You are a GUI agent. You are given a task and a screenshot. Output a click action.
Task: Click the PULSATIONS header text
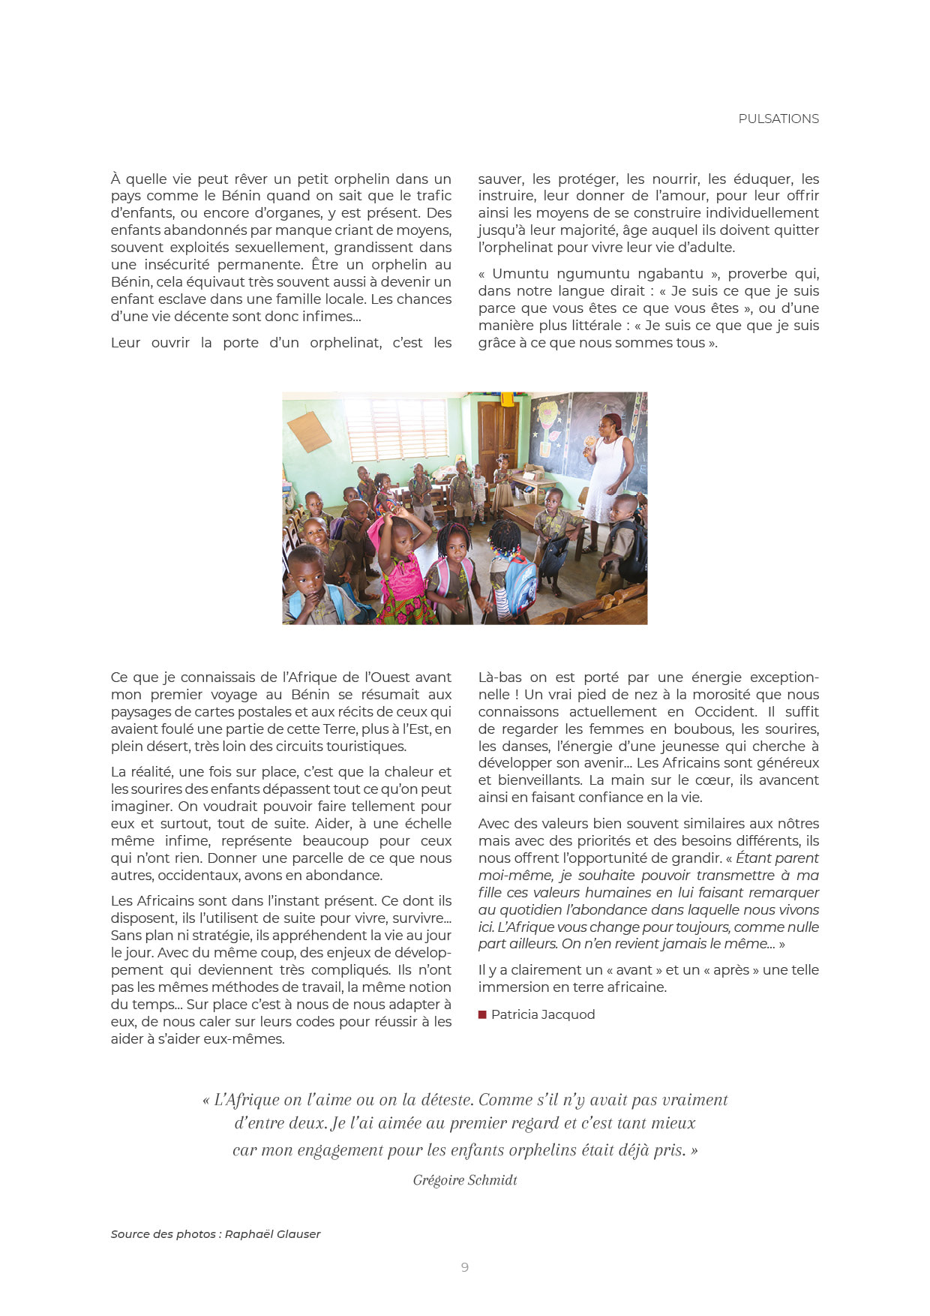[778, 119]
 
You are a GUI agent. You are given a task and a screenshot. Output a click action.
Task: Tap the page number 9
[465, 1267]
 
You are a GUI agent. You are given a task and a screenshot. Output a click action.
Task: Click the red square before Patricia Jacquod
[482, 1015]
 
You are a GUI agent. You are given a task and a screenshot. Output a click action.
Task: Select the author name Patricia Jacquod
[543, 1014]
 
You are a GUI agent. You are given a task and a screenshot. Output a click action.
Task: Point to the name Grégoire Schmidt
[465, 1180]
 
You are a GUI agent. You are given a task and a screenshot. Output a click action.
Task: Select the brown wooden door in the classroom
[497, 431]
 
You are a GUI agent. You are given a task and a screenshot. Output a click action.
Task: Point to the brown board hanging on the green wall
[309, 432]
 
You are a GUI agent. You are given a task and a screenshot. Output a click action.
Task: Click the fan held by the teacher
[589, 441]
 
